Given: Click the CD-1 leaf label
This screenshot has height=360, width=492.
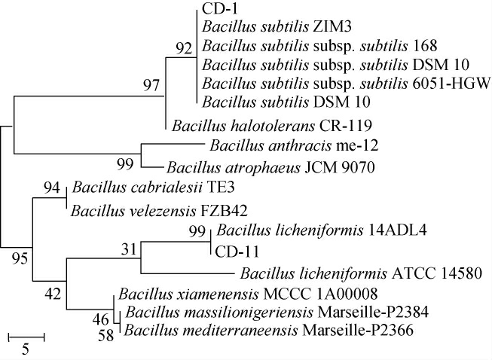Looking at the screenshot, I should coord(218,9).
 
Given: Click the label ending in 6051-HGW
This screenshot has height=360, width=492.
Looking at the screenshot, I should coord(347,81).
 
